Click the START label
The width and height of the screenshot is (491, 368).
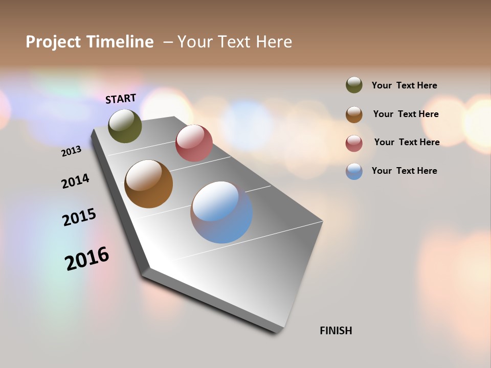point(121,99)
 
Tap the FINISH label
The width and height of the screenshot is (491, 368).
point(336,331)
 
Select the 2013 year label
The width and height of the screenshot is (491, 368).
point(72,151)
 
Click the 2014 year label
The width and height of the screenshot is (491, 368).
point(75,181)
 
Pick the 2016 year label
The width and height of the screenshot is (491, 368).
point(87,258)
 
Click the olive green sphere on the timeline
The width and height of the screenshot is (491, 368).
point(125,126)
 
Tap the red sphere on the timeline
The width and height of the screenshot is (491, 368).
point(194,143)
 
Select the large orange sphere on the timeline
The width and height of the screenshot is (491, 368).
point(148,184)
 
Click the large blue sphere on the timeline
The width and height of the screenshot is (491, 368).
point(221,212)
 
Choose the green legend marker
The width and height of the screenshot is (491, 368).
point(354,85)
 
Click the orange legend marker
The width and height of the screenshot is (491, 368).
point(354,114)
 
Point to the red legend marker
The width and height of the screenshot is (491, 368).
point(354,143)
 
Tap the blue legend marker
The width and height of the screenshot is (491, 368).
point(354,171)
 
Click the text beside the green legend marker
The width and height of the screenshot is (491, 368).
point(404,86)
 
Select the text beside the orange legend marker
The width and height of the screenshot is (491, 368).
point(406,114)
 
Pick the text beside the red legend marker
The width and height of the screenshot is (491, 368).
point(407,142)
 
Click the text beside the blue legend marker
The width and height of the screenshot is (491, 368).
point(404,171)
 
